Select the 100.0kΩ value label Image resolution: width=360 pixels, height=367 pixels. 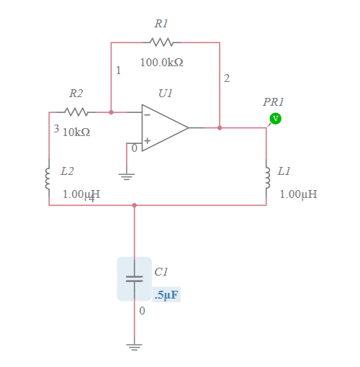161,63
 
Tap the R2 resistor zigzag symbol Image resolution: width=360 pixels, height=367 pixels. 76,112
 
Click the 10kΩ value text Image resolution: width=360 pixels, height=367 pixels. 76,132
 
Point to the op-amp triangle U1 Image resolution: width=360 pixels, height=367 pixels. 164,127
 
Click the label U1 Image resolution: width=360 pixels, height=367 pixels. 166,94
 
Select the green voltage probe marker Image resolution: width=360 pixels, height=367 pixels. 275,118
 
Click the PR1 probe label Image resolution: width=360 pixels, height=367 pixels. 274,102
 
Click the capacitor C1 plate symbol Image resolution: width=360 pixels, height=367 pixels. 134,278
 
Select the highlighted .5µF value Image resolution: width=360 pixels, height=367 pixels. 166,295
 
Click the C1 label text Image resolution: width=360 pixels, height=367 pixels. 161,271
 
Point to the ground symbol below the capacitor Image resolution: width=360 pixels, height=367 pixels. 134,346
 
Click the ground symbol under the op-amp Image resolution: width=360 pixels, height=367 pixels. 127,176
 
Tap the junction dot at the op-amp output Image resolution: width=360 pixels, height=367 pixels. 220,127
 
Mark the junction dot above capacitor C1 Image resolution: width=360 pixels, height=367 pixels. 134,205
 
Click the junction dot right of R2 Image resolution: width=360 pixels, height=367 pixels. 111,112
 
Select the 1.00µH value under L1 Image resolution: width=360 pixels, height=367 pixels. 298,194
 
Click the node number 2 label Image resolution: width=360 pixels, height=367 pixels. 227,78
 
